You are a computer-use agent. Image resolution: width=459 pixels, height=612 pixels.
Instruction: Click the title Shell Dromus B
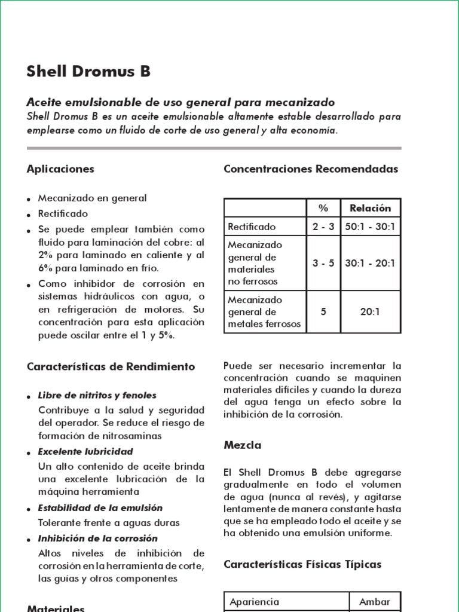[x=88, y=72]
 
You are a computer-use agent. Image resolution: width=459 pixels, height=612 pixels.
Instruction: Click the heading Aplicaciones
[x=60, y=169]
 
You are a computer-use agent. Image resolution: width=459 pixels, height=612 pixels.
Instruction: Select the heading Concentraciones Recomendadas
[x=310, y=169]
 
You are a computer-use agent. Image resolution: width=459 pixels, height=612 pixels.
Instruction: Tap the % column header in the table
[x=323, y=208]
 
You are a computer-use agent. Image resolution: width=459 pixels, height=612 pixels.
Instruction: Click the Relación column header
[x=370, y=208]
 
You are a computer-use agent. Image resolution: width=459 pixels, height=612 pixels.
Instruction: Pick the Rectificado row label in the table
[x=252, y=227]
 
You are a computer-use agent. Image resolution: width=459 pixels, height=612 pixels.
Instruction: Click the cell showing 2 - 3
[x=323, y=227]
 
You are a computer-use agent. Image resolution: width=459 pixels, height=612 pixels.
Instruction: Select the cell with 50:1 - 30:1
[x=370, y=227]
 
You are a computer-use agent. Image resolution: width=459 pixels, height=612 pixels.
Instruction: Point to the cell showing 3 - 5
[x=323, y=263]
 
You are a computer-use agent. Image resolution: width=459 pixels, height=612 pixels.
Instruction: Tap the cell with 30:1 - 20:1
[x=370, y=263]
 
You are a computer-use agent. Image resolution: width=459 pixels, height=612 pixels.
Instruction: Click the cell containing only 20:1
[x=370, y=311]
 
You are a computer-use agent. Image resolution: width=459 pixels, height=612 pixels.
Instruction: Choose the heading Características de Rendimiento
[x=111, y=366]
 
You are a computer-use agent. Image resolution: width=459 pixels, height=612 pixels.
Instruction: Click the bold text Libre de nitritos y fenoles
[x=97, y=395]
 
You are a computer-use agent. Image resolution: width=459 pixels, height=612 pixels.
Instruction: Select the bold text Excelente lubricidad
[x=85, y=451]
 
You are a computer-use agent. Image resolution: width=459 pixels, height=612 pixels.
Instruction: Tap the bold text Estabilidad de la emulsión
[x=100, y=507]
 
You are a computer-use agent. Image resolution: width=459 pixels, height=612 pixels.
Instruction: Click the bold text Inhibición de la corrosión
[x=97, y=538]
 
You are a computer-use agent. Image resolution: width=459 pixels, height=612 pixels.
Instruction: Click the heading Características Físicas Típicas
[x=302, y=564]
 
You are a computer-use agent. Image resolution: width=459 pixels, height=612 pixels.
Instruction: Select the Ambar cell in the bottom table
[x=375, y=602]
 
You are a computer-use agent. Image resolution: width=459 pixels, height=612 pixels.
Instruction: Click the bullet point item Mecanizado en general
[x=92, y=198]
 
